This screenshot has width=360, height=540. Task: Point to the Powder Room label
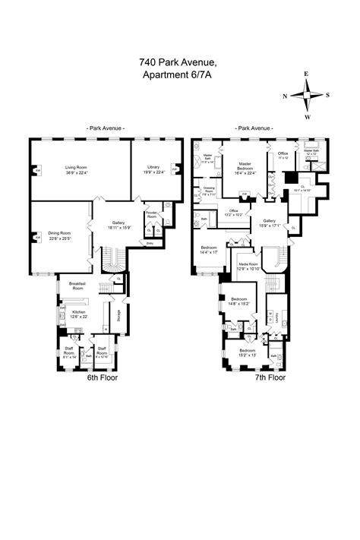[152, 215]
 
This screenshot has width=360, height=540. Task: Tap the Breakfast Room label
[77, 286]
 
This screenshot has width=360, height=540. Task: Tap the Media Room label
[248, 264]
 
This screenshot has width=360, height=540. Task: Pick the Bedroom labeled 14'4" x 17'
[209, 251]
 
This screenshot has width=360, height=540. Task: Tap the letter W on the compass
[307, 118]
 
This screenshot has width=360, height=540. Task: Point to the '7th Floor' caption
[270, 377]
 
